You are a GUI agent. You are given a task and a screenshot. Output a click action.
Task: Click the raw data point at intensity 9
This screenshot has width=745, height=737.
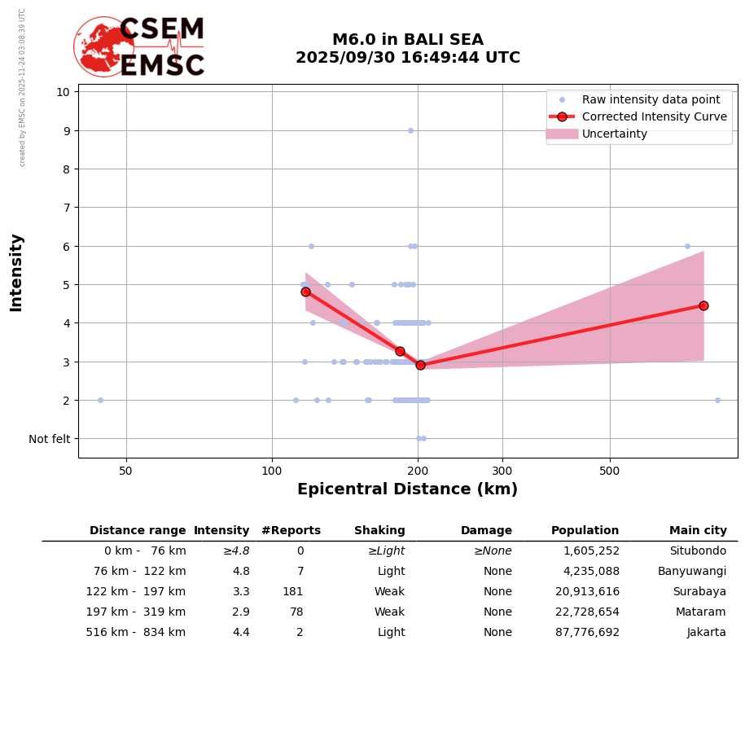[x=410, y=130]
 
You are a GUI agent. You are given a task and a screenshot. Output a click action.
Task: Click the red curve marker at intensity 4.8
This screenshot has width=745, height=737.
[x=305, y=292]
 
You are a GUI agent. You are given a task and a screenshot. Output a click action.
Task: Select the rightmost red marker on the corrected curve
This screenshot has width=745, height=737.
[x=703, y=305]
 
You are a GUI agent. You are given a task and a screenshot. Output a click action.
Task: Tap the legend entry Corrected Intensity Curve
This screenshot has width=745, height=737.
[x=654, y=116]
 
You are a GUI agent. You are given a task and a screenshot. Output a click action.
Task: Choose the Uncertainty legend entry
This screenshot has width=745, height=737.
[x=614, y=134]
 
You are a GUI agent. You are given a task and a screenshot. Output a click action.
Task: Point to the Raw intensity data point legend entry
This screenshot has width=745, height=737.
[x=651, y=99]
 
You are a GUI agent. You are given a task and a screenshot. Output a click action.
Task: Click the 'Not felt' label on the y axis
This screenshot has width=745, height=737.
[x=50, y=439]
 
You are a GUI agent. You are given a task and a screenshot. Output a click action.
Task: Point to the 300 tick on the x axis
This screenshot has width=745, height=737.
[x=502, y=471]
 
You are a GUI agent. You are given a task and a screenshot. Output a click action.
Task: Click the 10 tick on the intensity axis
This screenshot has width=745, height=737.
[x=63, y=91]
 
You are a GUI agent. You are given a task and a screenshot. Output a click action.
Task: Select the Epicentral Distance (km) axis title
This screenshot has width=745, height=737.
[x=407, y=489]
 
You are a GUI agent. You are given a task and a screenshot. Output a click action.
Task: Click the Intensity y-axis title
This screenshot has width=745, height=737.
[x=16, y=272]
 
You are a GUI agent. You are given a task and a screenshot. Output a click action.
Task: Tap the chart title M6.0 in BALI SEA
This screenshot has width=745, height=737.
[x=407, y=40]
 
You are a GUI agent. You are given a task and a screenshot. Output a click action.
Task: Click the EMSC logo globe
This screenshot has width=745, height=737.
[x=103, y=47]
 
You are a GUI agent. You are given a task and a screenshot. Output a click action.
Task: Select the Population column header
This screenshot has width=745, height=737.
[x=585, y=531]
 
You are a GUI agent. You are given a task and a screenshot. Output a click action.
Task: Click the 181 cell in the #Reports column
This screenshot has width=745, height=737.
[x=292, y=592]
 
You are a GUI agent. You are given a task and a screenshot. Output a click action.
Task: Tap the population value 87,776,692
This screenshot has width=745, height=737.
[x=587, y=633]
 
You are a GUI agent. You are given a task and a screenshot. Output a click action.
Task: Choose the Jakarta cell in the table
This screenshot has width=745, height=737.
[x=706, y=633]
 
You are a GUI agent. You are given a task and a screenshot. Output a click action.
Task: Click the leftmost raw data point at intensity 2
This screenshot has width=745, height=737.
[x=100, y=400]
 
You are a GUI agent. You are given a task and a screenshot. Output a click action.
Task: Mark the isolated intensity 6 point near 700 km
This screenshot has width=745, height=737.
[x=687, y=246]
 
